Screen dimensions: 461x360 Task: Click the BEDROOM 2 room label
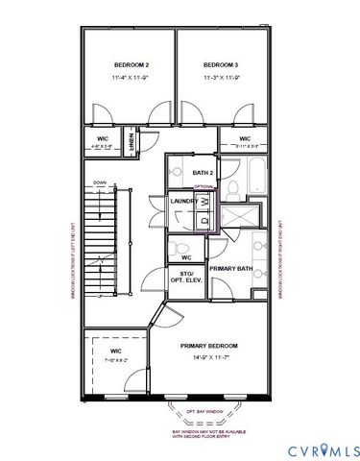click(128, 64)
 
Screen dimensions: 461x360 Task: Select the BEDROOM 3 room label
click(219, 64)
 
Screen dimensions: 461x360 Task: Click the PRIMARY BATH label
click(230, 268)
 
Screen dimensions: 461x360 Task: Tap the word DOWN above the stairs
click(100, 182)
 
